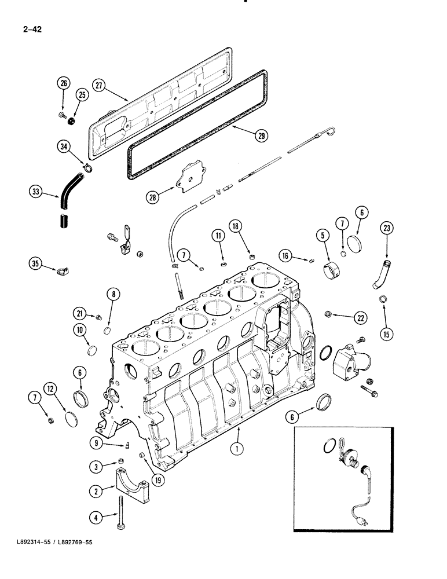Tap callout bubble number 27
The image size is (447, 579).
pos(99,86)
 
